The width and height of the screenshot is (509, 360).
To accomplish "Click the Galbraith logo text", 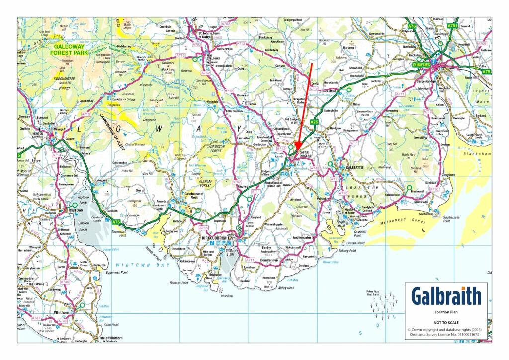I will pyautogui.click(x=446, y=296).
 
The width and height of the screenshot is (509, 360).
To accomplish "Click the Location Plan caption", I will pyautogui.click(x=446, y=313).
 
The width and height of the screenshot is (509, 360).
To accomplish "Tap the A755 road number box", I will pyautogui.click(x=203, y=227).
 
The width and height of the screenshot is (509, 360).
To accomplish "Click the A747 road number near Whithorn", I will pyautogui.click(x=36, y=318).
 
